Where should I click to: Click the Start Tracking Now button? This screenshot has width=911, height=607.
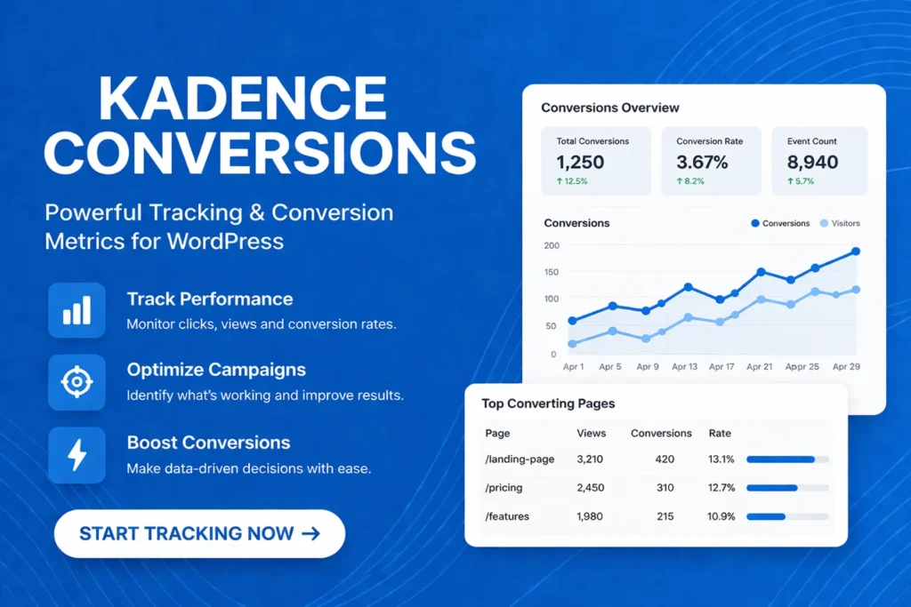click(199, 533)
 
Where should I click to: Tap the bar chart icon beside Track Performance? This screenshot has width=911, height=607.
click(77, 310)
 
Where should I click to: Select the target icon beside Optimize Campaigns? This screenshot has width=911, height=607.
click(77, 382)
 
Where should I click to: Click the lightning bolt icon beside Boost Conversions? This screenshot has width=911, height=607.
click(77, 454)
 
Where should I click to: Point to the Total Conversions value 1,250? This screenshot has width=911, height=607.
click(580, 162)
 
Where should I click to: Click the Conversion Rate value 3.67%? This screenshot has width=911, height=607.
click(703, 162)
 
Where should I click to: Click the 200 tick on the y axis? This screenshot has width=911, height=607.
click(552, 245)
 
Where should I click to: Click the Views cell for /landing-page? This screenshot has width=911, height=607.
click(591, 459)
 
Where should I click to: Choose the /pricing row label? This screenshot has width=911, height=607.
click(504, 487)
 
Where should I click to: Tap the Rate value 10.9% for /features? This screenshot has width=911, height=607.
click(721, 515)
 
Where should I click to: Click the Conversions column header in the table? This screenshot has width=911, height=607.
click(661, 433)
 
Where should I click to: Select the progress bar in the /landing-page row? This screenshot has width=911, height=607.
click(787, 459)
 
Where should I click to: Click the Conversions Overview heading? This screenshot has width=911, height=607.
click(610, 108)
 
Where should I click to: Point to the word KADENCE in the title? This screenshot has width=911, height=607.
click(242, 100)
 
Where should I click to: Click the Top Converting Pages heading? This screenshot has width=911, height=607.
click(548, 403)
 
